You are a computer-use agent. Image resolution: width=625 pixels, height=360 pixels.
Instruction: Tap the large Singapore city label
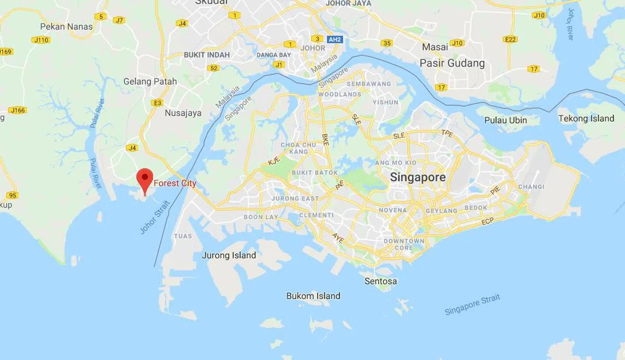(x=418, y=177)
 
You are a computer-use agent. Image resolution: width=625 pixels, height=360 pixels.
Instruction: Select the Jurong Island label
(x=229, y=255)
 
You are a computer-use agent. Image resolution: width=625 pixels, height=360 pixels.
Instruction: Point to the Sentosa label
(x=381, y=281)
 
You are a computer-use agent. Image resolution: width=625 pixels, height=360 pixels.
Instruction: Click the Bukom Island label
(x=313, y=296)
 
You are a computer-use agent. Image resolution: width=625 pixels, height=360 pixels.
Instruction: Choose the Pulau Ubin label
(x=505, y=120)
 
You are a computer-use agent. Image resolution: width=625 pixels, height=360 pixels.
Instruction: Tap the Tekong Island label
(x=586, y=119)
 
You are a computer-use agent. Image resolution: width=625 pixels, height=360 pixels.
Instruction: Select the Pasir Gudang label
(x=452, y=64)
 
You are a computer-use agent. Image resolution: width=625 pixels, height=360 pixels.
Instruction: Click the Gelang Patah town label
(x=150, y=81)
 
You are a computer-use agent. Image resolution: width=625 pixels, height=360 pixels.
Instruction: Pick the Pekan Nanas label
(x=66, y=26)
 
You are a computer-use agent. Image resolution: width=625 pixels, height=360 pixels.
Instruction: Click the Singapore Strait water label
(x=472, y=304)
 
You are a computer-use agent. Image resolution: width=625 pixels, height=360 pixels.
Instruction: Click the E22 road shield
(x=510, y=39)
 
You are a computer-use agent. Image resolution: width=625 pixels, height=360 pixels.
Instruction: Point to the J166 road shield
(x=17, y=110)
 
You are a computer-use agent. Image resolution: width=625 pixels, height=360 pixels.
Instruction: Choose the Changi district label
(x=531, y=187)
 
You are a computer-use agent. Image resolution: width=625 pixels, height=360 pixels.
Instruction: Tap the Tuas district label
(x=183, y=236)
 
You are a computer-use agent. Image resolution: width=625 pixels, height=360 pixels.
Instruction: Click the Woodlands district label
(x=339, y=94)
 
